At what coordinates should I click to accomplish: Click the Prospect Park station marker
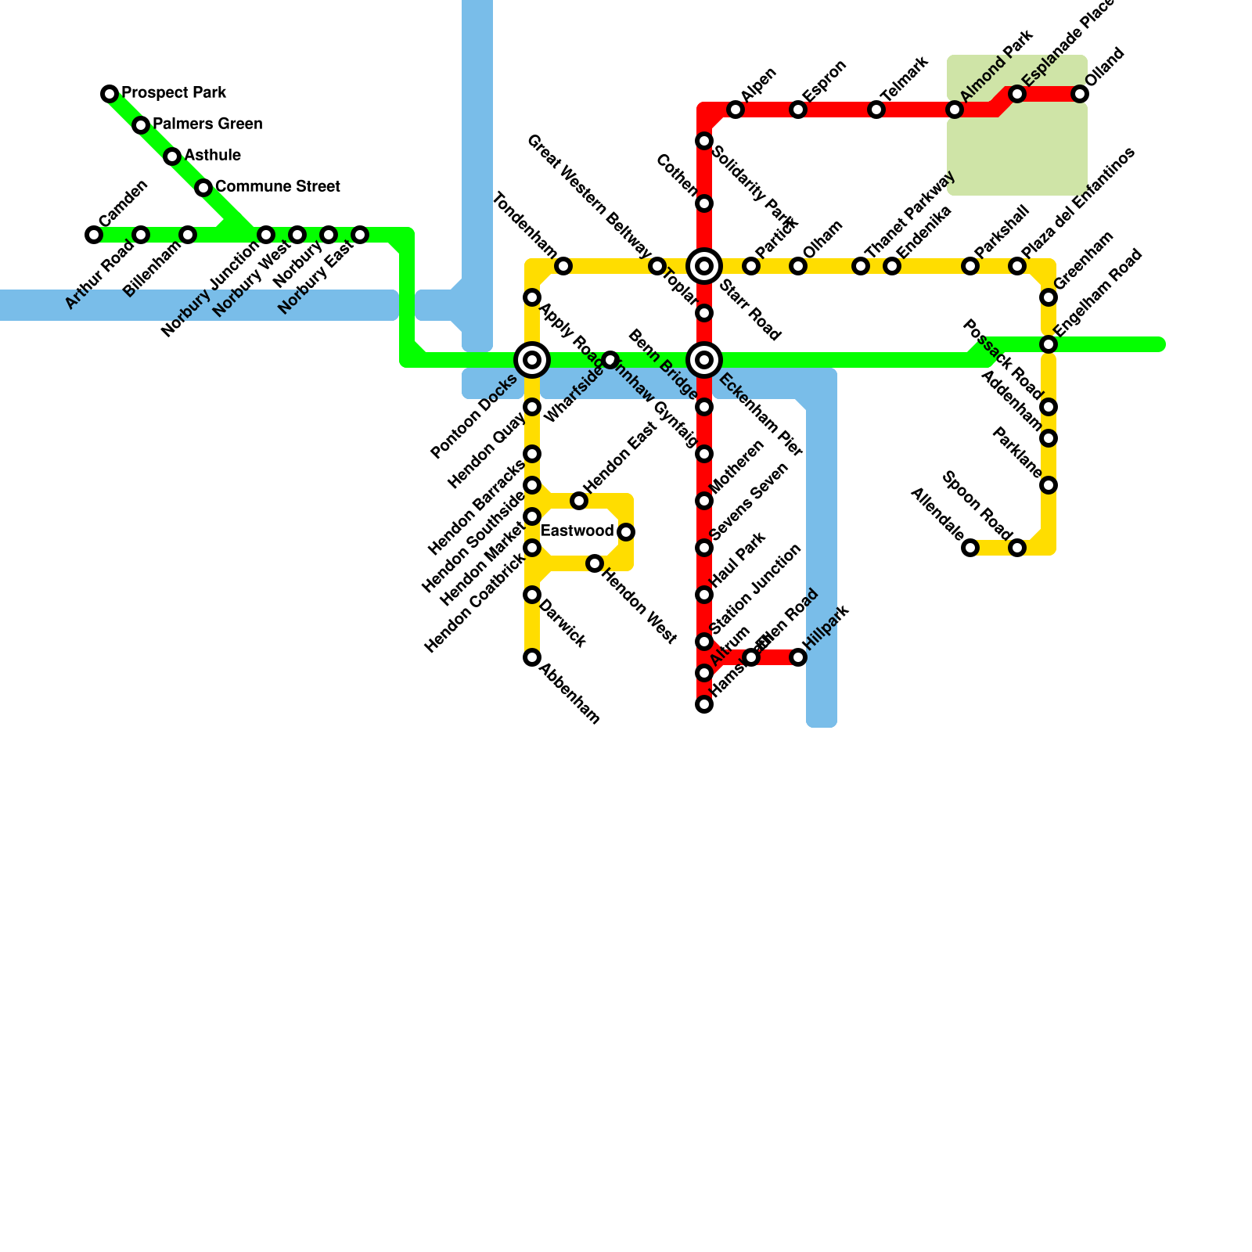pyautogui.click(x=110, y=94)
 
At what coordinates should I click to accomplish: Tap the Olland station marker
pyautogui.click(x=1080, y=94)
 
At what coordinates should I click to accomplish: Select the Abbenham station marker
pyautogui.click(x=532, y=657)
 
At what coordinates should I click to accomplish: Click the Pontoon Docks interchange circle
pyautogui.click(x=532, y=360)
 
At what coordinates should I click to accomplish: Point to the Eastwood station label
pyautogui.click(x=577, y=531)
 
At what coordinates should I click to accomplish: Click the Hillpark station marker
pyautogui.click(x=798, y=657)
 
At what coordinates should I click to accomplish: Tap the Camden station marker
pyautogui.click(x=94, y=235)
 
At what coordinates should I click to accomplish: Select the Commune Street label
pyautogui.click(x=277, y=187)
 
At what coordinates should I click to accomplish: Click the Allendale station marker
pyautogui.click(x=970, y=548)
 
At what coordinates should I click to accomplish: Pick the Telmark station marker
pyautogui.click(x=876, y=110)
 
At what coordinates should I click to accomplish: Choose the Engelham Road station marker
pyautogui.click(x=1049, y=344)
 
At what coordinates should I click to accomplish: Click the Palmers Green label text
pyautogui.click(x=207, y=124)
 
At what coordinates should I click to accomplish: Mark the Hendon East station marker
pyautogui.click(x=579, y=501)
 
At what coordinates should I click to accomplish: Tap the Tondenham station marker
pyautogui.click(x=563, y=266)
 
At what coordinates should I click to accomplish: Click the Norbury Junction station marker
pyautogui.click(x=266, y=235)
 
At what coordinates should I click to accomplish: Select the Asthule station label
pyautogui.click(x=212, y=156)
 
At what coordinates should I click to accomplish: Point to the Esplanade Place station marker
pyautogui.click(x=1017, y=94)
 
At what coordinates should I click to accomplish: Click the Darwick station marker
pyautogui.click(x=532, y=595)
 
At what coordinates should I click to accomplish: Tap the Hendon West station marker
pyautogui.click(x=595, y=563)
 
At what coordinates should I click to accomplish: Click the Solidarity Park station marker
pyautogui.click(x=704, y=141)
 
